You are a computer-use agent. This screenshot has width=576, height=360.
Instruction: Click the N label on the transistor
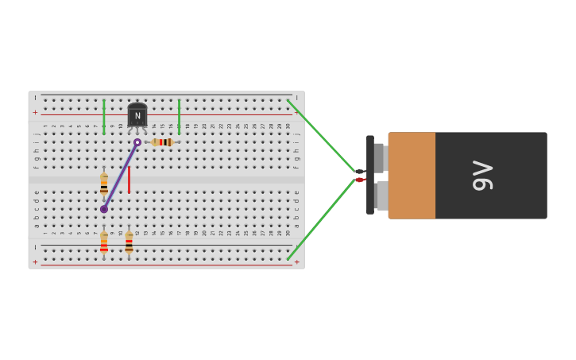(137, 116)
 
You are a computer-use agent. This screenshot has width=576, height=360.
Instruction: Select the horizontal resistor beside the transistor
(162, 142)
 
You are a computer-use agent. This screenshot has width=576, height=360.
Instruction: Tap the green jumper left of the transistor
(103, 116)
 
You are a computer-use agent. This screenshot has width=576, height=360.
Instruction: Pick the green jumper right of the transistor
(179, 116)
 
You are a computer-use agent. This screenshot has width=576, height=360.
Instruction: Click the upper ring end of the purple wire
(137, 142)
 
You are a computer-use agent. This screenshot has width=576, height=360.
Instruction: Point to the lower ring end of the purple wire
(103, 209)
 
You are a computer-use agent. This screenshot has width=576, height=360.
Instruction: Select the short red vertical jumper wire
(129, 180)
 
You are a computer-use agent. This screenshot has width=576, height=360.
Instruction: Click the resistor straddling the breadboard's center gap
(103, 184)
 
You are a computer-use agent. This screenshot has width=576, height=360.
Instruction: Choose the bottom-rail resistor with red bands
(103, 243)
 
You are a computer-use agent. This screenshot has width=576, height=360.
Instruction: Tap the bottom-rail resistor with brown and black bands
(129, 243)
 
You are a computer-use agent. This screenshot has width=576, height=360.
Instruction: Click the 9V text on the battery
(482, 176)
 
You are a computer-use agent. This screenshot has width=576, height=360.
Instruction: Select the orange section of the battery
(412, 176)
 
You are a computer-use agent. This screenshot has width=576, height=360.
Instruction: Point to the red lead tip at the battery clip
(359, 180)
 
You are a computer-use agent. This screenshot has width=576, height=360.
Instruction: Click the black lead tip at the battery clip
(359, 172)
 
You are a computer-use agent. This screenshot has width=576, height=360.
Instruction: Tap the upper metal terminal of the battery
(380, 157)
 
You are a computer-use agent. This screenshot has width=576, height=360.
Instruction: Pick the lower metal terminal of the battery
(381, 195)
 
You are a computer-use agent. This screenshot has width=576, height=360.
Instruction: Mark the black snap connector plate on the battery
(370, 175)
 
